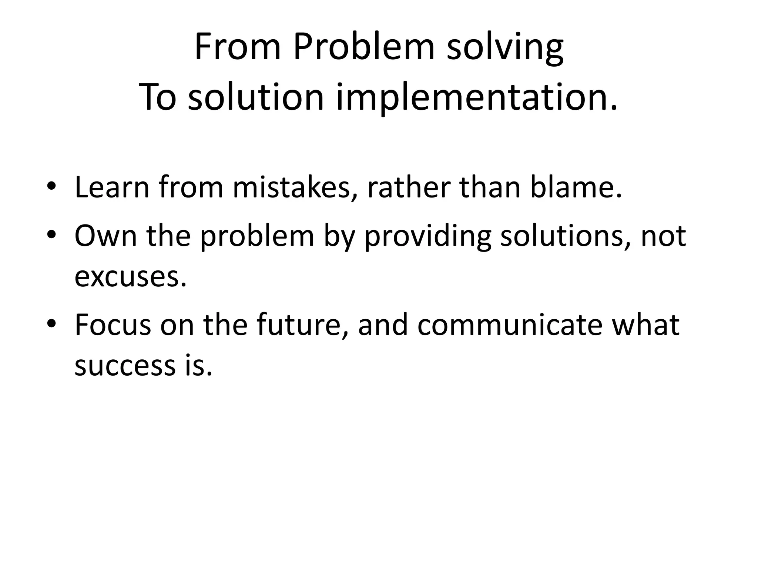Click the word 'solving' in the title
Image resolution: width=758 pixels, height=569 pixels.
(505, 48)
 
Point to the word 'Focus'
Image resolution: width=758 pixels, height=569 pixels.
(113, 325)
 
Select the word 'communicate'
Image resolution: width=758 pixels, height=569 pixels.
(510, 325)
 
